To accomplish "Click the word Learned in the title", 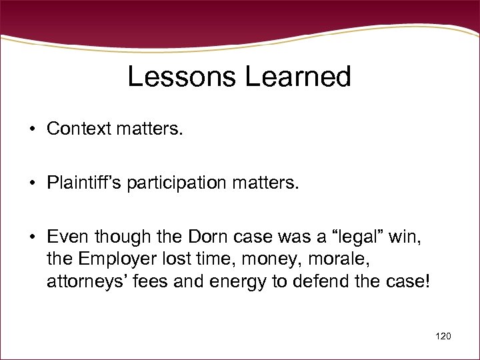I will click(297, 77).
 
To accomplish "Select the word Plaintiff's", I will click(83, 183).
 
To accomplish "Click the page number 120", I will click(442, 336).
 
